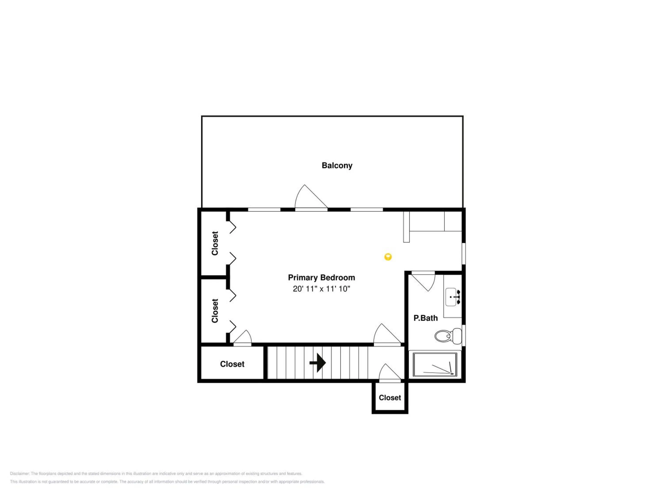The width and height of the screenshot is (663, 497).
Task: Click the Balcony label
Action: point(337,166)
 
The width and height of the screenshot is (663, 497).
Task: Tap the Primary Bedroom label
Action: point(321,277)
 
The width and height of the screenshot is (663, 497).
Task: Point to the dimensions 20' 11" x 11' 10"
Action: point(321,289)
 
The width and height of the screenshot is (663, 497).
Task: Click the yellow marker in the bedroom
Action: point(388,257)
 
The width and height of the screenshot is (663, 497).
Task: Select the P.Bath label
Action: point(425,318)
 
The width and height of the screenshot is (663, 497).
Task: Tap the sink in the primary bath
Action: point(453,297)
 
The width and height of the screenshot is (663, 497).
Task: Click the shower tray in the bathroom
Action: point(435,364)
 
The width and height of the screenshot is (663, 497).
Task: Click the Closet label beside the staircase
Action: point(232,364)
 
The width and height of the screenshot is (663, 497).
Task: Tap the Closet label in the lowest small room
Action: point(390,398)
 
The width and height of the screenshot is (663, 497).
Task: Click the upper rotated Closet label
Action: point(215,243)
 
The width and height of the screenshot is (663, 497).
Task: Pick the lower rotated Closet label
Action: point(215,311)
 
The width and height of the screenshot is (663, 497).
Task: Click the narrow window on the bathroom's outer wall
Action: point(464,335)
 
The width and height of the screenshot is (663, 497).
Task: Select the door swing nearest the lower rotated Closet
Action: point(242,338)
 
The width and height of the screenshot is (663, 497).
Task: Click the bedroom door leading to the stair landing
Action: point(387,335)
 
